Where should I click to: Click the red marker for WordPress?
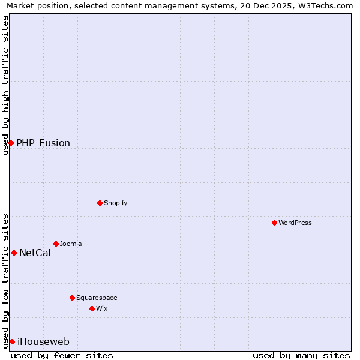pyautogui.click(x=274, y=223)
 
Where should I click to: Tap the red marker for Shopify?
pyautogui.click(x=100, y=203)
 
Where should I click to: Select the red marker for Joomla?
pyautogui.click(x=56, y=244)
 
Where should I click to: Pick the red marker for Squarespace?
pyautogui.click(x=72, y=298)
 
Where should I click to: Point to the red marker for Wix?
pyautogui.click(x=92, y=308)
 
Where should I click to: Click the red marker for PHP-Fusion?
pyautogui.click(x=11, y=143)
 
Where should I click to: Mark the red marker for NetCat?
pyautogui.click(x=14, y=253)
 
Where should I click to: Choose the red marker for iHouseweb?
pyautogui.click(x=12, y=341)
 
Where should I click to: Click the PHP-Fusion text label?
pyautogui.click(x=43, y=143)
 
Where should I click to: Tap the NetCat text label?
pyautogui.click(x=35, y=253)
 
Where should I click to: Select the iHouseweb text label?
pyautogui.click(x=43, y=341)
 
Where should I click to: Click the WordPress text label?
pyautogui.click(x=295, y=223)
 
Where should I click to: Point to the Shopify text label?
pyautogui.click(x=116, y=203)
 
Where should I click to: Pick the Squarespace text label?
pyautogui.click(x=97, y=298)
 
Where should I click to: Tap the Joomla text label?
pyautogui.click(x=71, y=244)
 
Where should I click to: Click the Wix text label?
pyautogui.click(x=101, y=308)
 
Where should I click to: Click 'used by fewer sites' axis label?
pyautogui.click(x=62, y=355)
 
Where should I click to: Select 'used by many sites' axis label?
pyautogui.click(x=301, y=355)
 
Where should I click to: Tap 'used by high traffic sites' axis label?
pyautogui.click(x=5, y=85)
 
